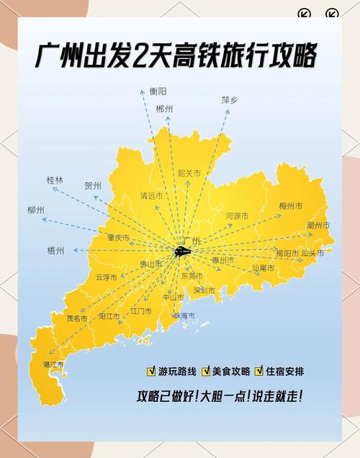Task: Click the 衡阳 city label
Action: [x=158, y=91]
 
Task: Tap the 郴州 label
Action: [x=164, y=109]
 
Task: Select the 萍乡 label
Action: [x=230, y=101]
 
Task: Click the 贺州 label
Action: [x=93, y=186]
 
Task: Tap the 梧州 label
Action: [x=55, y=251]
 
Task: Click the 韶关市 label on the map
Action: [x=189, y=174]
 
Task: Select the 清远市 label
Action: [x=152, y=196]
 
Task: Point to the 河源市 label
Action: [x=237, y=216]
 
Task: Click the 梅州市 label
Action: [x=291, y=207]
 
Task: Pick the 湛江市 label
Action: [x=54, y=364]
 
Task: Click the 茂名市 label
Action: [x=76, y=318]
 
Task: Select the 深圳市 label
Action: [x=204, y=291]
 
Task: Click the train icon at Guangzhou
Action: [x=183, y=251]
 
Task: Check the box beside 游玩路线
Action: [x=151, y=372]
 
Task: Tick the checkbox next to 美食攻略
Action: [x=205, y=372]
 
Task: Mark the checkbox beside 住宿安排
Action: [x=259, y=372]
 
